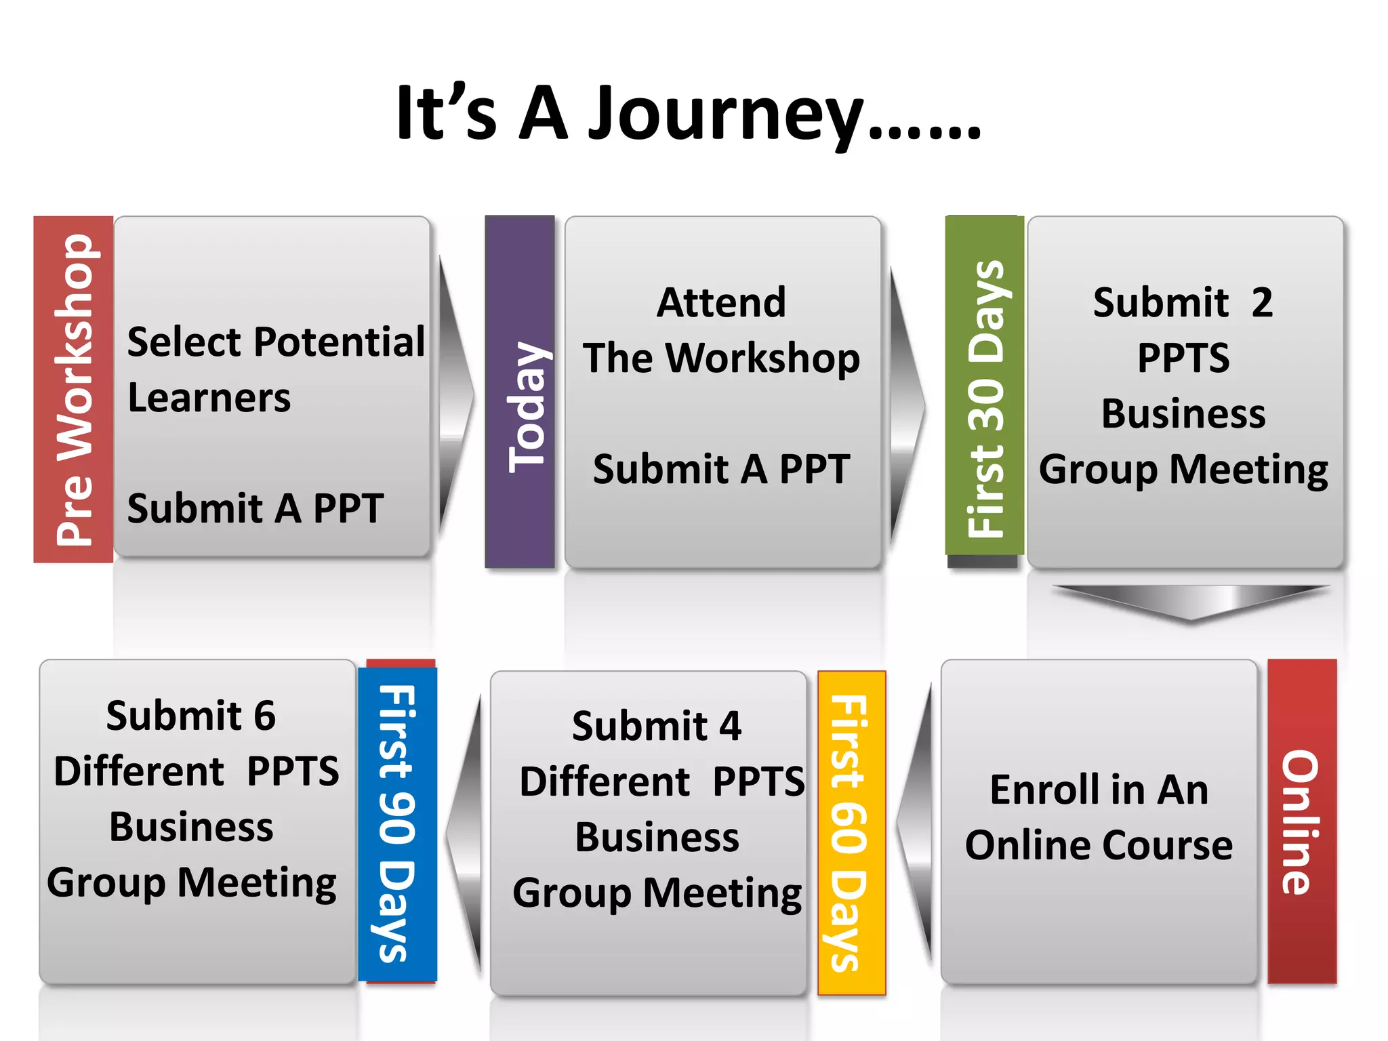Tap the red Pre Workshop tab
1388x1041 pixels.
[x=73, y=390]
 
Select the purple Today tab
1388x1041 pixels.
[x=520, y=392]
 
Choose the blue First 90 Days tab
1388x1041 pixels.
[x=397, y=823]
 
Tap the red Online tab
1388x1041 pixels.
[x=1301, y=821]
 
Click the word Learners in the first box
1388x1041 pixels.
[x=209, y=398]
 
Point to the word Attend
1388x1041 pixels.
[x=721, y=302]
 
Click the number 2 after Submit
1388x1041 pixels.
[x=1262, y=302]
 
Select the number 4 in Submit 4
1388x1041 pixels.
[x=730, y=727]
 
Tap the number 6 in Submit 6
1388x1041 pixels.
[x=264, y=716]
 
